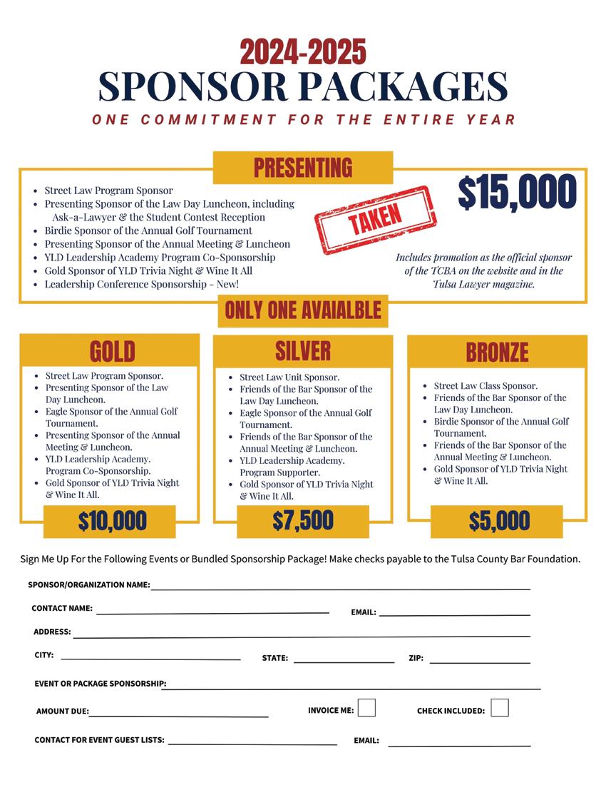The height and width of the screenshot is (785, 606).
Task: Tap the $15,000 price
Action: (x=517, y=192)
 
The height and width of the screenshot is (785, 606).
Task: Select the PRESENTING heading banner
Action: (x=303, y=168)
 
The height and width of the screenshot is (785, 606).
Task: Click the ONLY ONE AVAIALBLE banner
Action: (x=303, y=310)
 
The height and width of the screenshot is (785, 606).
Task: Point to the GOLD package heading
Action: (x=112, y=351)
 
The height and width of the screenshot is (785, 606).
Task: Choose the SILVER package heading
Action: (x=303, y=351)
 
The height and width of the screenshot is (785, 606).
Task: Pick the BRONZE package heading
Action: (x=497, y=352)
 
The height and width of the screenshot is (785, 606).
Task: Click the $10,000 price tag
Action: (x=112, y=521)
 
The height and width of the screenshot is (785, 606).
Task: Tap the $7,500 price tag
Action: (x=303, y=521)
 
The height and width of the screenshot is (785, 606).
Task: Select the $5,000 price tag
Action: (x=499, y=522)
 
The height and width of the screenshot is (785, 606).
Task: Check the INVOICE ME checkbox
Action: (x=366, y=708)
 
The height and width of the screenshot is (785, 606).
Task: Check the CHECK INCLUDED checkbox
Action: (x=500, y=708)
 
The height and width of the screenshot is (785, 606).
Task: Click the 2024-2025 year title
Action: (x=303, y=52)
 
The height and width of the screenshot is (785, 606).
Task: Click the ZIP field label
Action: (x=416, y=659)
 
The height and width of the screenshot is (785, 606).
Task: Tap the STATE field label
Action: (x=275, y=659)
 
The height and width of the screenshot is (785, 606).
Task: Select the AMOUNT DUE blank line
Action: (x=178, y=714)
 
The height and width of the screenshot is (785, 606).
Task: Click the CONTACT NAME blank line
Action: (x=212, y=612)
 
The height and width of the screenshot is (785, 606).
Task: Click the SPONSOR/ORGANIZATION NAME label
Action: (x=89, y=585)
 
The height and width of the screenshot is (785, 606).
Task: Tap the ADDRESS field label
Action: (x=52, y=632)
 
